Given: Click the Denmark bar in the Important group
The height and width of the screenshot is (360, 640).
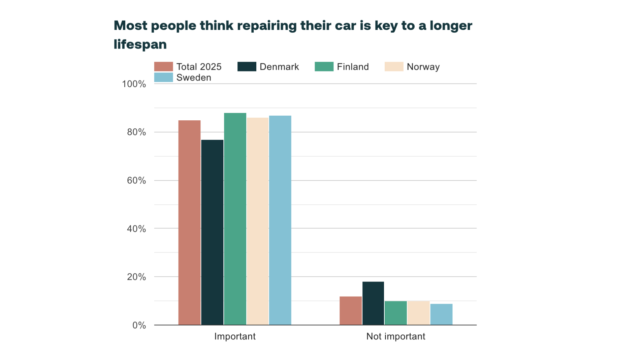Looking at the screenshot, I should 212,232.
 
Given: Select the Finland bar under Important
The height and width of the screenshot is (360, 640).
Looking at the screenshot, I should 235,219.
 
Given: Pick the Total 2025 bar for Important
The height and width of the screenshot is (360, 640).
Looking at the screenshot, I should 189,222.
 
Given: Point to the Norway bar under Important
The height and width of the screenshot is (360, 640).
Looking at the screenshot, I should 258,221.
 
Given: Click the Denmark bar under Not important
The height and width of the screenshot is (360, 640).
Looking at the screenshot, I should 373,303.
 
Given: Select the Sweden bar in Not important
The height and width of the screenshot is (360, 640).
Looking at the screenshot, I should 441,314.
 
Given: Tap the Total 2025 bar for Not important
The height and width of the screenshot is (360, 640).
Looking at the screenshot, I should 351,311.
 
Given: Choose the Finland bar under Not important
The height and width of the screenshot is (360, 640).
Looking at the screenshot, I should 396,313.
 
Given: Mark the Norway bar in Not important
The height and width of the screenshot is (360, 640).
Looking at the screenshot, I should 418,313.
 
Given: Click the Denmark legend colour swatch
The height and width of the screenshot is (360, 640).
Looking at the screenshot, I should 247,67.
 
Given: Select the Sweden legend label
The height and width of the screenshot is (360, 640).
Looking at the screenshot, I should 194,78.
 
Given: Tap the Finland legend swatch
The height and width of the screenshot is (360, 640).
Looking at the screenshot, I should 324,67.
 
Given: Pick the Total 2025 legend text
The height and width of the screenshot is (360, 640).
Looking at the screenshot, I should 199,67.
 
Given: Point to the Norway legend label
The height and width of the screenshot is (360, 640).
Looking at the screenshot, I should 423,67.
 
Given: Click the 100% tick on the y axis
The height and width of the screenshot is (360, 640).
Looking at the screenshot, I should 134,84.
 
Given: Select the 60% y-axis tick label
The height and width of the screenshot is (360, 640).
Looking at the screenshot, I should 136,181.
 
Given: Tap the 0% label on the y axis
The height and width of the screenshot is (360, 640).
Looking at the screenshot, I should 139,325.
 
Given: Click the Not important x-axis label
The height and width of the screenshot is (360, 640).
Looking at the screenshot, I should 396,336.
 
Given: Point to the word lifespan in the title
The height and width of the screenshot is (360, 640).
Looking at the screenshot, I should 140,44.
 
